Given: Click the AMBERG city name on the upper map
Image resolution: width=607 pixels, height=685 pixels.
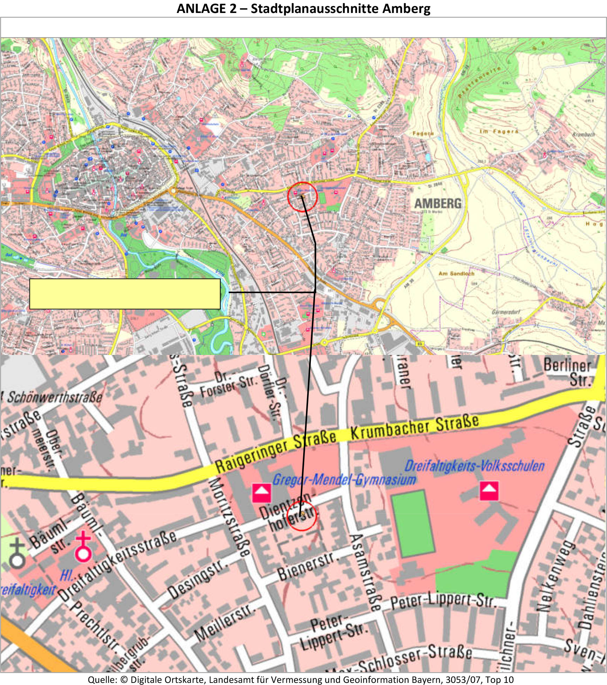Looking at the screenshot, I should pos(438,203).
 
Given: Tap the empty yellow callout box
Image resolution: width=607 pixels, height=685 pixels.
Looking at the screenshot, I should pos(125,294).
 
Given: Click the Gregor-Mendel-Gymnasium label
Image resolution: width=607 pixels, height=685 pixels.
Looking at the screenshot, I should pos(344,479).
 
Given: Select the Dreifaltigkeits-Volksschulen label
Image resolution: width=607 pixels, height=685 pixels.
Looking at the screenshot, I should pos(474,466).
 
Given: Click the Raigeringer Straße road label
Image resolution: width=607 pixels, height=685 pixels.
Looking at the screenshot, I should pos(275,452).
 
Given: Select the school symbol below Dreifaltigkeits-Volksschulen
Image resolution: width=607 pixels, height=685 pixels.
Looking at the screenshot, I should pos(489,491).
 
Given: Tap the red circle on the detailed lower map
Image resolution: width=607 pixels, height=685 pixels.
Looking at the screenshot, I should pos(301,515).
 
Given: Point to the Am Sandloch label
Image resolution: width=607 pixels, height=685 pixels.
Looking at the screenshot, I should pos(456,273).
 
